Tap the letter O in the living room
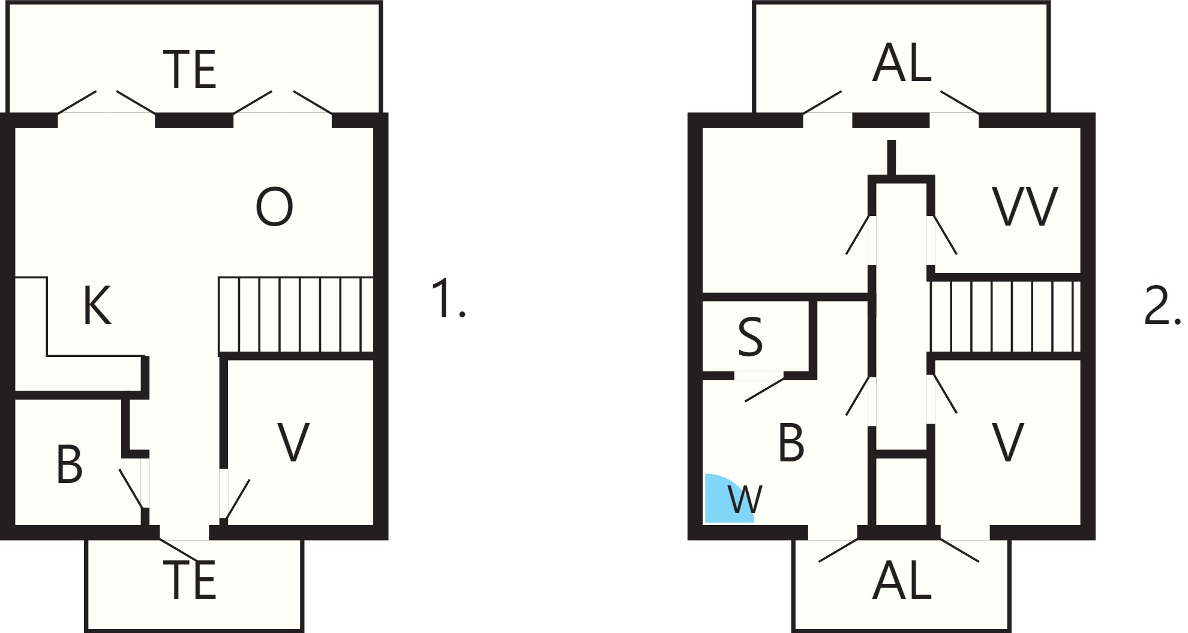coord(274,207)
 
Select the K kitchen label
coord(97,305)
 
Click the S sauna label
coord(750,337)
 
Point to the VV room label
coord(1025,207)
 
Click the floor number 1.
coord(448,298)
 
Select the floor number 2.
coord(1162,306)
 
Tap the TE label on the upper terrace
coord(190,70)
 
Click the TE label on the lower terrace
coord(190,580)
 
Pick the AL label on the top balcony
coord(902,63)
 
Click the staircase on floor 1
coord(296,314)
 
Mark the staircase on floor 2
coord(1005,316)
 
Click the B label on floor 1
coord(69,464)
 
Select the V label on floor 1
coord(293,442)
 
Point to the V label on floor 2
coord(1008,442)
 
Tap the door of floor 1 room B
coord(131,488)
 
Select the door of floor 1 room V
coord(238,499)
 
